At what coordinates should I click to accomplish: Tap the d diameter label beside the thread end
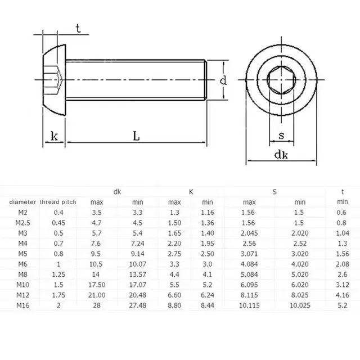click(x=223, y=81)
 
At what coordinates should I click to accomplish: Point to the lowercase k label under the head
click(x=54, y=136)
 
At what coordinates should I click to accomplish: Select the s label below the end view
click(x=280, y=136)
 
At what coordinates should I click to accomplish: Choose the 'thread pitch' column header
click(x=58, y=201)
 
